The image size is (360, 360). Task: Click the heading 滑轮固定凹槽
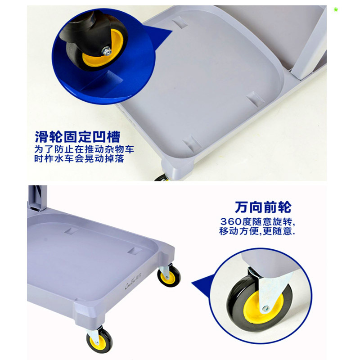pos(77,136)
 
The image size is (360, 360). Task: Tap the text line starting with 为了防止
pos(84,149)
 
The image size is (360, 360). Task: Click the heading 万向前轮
pos(263,207)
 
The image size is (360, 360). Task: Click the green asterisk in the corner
pos(336,10)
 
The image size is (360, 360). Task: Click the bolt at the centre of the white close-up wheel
pos(265,309)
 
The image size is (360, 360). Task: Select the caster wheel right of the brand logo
pos(170,276)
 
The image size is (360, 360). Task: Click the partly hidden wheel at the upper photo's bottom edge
pos(161,178)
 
